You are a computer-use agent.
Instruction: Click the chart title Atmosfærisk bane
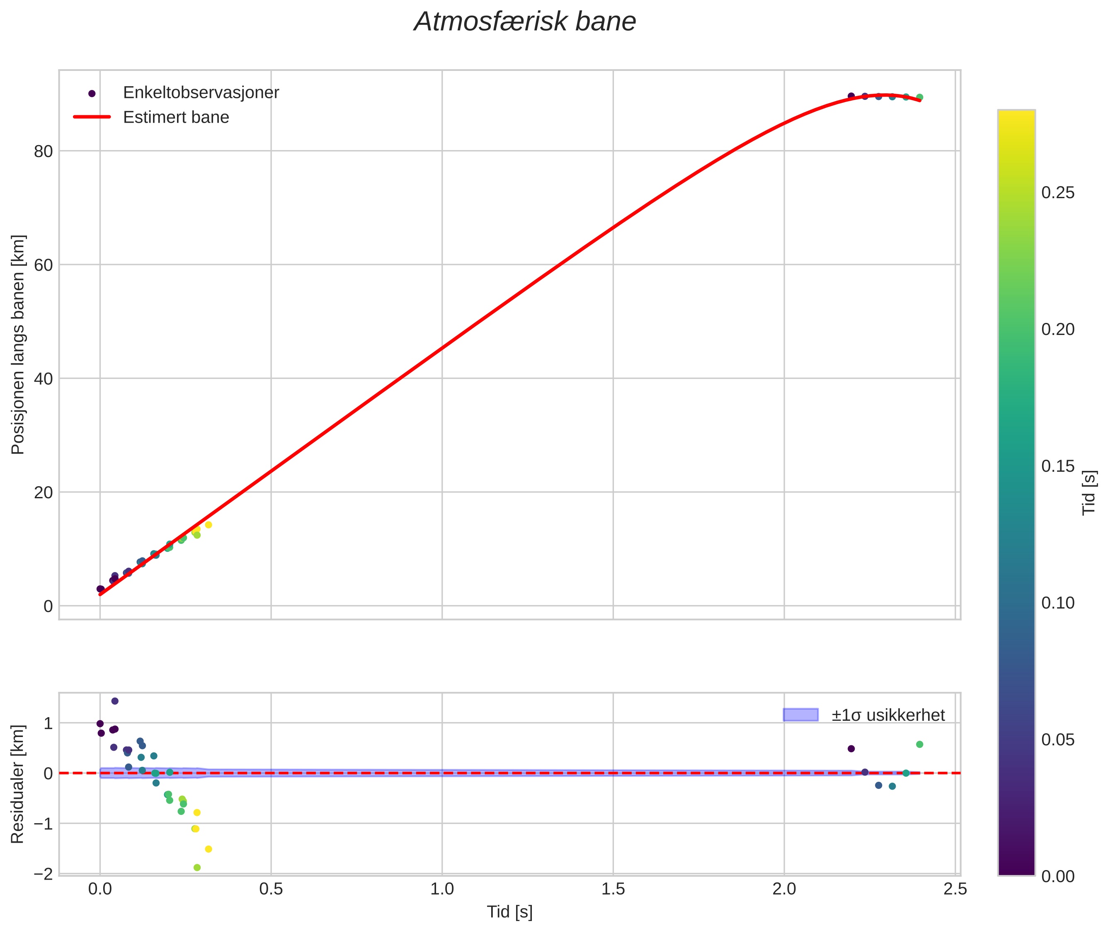[x=525, y=22]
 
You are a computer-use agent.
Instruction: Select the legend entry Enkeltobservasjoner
[x=201, y=93]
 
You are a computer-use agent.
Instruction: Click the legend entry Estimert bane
[x=176, y=117]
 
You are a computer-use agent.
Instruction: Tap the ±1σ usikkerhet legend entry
[x=888, y=715]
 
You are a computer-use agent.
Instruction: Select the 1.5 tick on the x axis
[x=613, y=889]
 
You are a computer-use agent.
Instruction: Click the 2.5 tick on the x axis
[x=955, y=889]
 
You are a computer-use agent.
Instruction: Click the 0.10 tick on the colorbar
[x=1058, y=603]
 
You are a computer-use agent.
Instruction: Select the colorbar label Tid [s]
[x=1089, y=492]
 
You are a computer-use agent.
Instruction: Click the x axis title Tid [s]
[x=509, y=912]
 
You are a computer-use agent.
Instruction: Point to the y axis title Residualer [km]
[x=17, y=784]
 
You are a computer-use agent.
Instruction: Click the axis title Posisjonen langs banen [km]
[x=17, y=344]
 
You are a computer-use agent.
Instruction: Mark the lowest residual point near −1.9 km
[x=197, y=868]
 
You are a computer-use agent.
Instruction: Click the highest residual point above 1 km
[x=114, y=701]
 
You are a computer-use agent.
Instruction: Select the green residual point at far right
[x=919, y=744]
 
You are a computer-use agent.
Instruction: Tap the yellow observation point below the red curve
[x=209, y=525]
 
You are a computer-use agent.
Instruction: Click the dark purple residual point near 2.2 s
[x=851, y=748]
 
